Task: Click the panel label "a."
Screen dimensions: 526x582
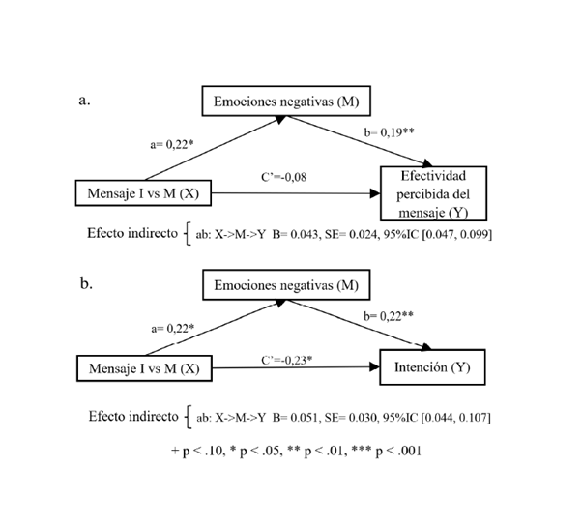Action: click(83, 100)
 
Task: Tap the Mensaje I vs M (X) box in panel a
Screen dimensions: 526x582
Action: click(144, 193)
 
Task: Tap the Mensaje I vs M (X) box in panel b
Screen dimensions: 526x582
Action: click(144, 368)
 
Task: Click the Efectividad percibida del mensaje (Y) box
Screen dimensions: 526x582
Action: click(431, 193)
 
